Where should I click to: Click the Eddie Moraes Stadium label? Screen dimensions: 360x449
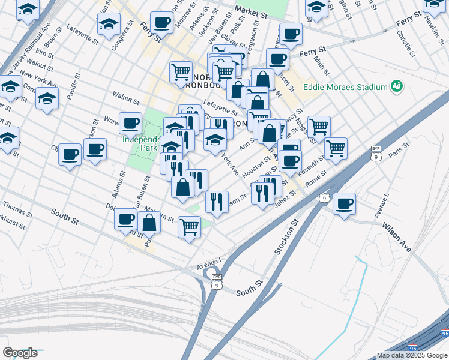click(345, 87)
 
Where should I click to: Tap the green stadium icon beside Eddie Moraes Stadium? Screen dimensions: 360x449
click(397, 87)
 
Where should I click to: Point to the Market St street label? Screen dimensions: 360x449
click(251, 11)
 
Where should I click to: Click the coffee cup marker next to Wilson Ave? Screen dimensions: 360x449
click(345, 203)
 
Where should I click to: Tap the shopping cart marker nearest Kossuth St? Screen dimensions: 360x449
click(336, 148)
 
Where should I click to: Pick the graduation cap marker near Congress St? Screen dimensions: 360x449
click(109, 25)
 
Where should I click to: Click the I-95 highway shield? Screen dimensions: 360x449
click(445, 333)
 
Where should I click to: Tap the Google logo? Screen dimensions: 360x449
click(20, 353)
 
